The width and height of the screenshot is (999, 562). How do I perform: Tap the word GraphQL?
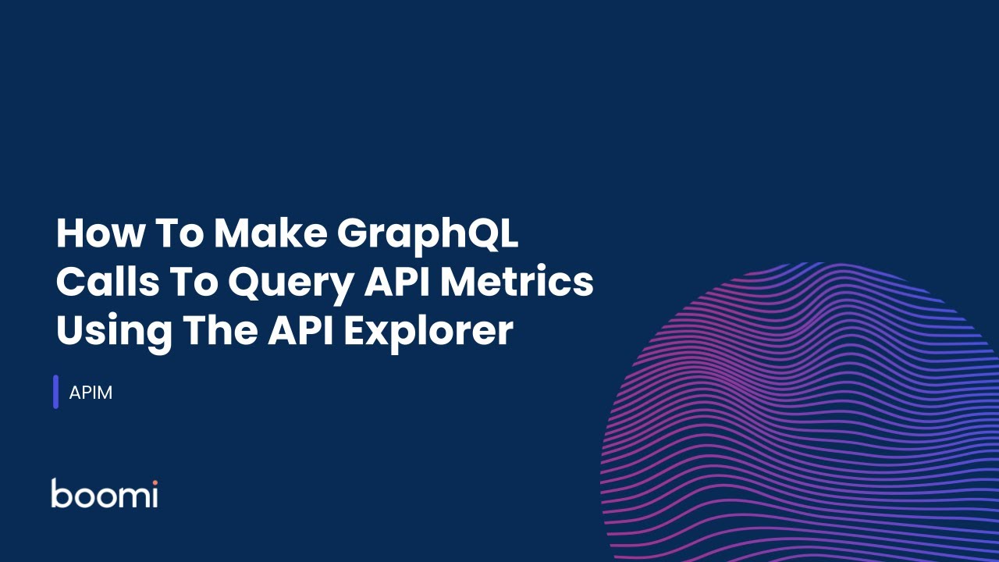[428, 235]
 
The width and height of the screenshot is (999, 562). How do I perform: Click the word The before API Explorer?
[219, 330]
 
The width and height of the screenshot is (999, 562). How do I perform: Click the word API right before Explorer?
[301, 330]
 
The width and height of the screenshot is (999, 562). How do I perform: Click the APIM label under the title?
[91, 393]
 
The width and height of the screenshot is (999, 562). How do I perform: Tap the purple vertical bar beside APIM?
[56, 392]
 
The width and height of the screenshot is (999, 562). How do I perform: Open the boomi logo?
[105, 493]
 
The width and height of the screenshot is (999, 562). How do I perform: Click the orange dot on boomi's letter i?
[155, 482]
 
